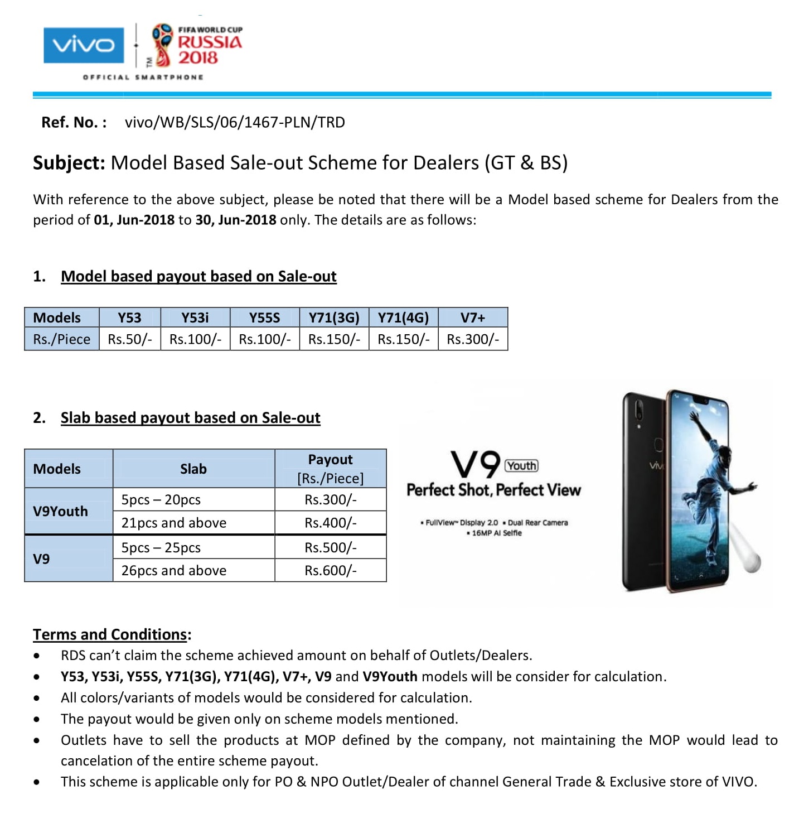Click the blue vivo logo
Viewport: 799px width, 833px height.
coord(84,45)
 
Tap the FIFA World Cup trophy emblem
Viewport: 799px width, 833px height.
coord(162,45)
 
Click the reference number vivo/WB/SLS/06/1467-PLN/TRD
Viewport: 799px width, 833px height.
coord(235,122)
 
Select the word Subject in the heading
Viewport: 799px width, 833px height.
coord(68,163)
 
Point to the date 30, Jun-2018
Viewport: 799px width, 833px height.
coord(235,220)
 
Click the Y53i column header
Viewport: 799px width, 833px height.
coord(195,317)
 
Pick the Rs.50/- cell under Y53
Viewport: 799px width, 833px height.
coord(130,339)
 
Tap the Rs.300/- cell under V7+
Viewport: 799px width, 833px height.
coord(473,339)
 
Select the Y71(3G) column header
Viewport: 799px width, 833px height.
coord(334,317)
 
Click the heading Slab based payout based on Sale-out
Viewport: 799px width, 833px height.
coord(190,418)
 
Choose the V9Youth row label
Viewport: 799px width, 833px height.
coord(60,511)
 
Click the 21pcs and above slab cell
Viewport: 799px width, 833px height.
coord(174,523)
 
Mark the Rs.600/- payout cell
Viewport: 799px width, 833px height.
coord(331,570)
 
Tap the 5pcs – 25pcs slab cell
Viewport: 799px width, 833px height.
coord(161,547)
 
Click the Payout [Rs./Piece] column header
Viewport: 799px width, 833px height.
coord(331,469)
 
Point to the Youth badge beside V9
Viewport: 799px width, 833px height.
coord(521,466)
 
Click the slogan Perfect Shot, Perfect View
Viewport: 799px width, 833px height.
coord(493,490)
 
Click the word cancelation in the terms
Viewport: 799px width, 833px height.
coord(99,761)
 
